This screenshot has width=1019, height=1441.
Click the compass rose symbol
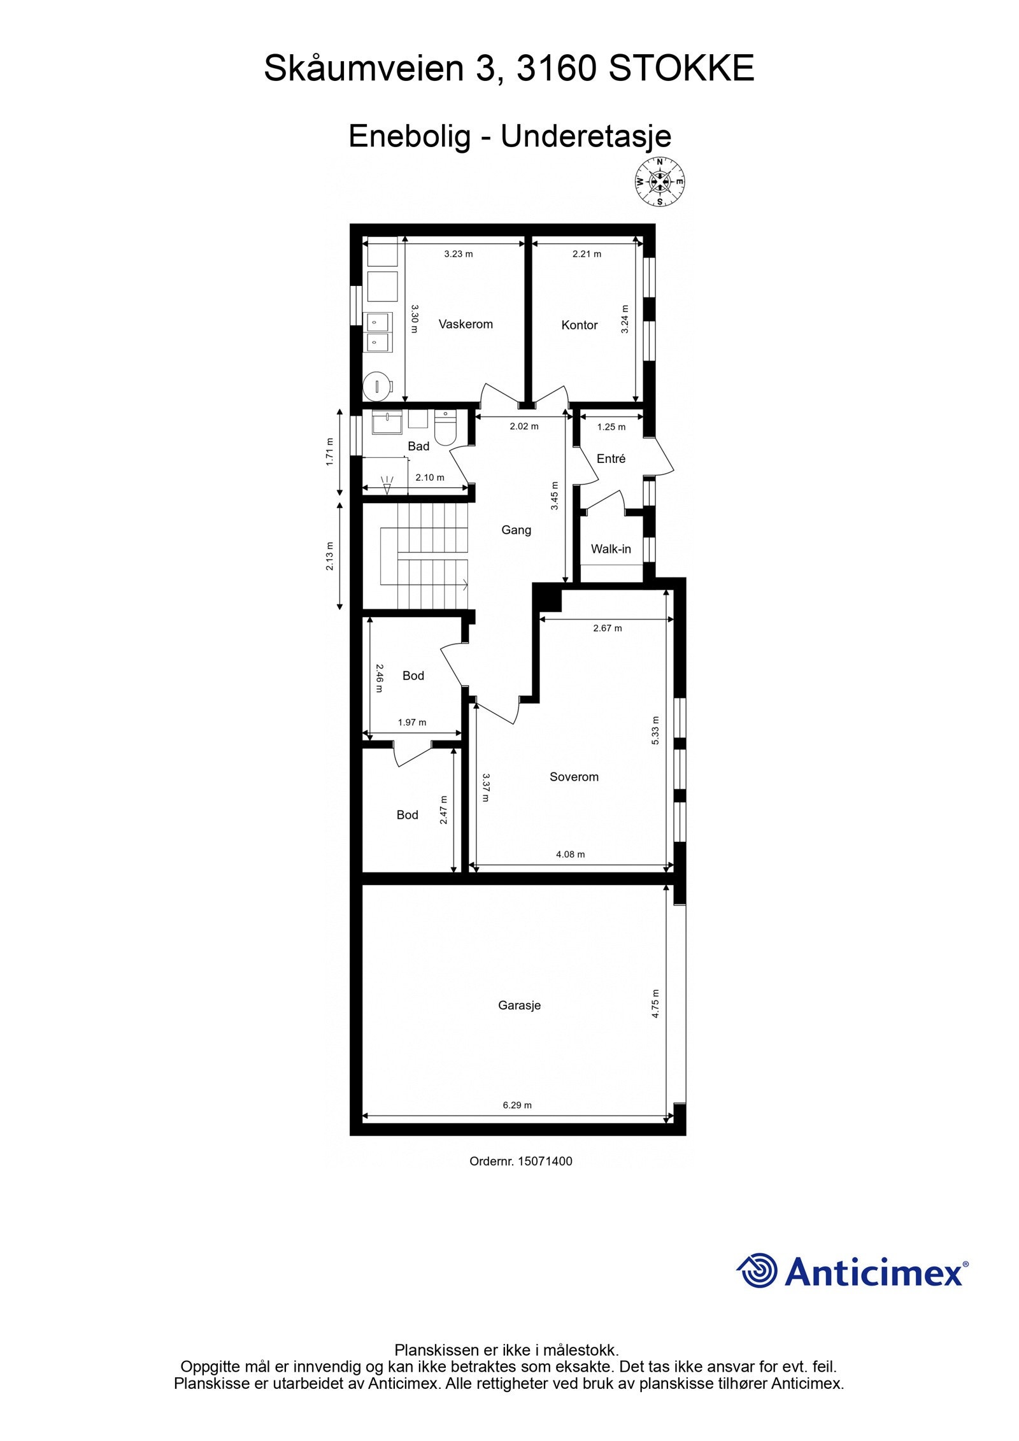point(660,182)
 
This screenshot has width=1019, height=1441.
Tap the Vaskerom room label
point(466,324)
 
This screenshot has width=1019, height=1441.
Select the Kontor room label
point(579,325)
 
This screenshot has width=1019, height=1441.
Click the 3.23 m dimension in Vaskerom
point(458,253)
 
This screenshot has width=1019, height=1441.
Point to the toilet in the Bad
point(445,427)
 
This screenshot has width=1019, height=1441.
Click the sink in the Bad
point(387,423)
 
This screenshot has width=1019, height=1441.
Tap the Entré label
point(611,458)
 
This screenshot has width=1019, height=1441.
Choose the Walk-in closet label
point(611,549)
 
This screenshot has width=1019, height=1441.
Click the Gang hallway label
point(516,530)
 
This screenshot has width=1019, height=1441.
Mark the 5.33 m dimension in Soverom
point(655,731)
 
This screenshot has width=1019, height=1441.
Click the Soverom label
point(574,777)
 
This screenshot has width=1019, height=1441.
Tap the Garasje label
point(519,1005)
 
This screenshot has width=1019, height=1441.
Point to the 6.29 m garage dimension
point(517,1105)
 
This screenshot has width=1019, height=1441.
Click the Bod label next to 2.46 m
point(413,676)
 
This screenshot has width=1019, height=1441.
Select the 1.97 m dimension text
point(411,722)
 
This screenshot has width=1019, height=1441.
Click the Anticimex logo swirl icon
point(757,1270)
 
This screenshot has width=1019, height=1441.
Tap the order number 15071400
point(545,1161)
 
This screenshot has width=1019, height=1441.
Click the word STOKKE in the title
point(681,69)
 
